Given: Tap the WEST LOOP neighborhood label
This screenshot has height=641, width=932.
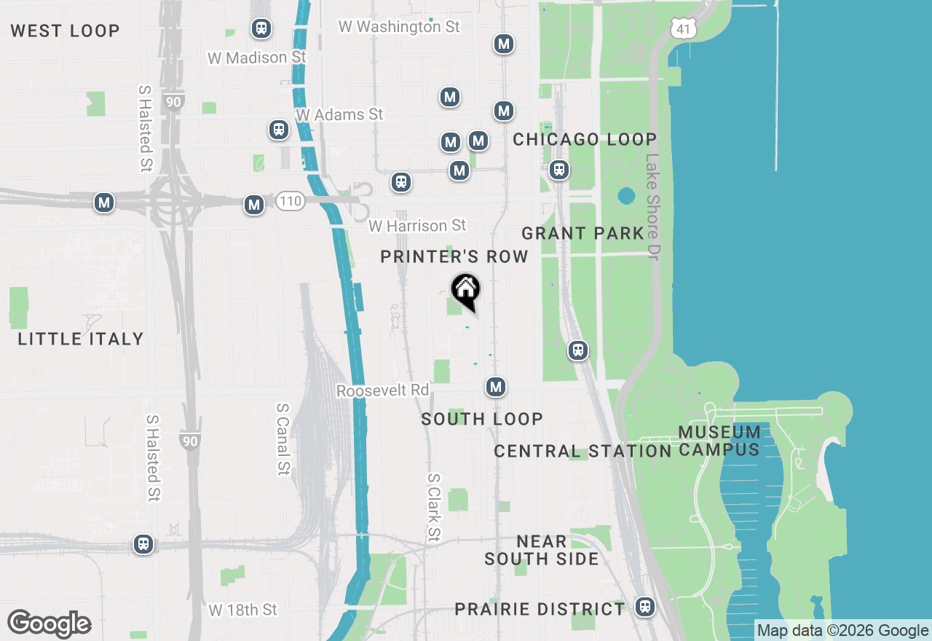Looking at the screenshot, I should coord(66,31).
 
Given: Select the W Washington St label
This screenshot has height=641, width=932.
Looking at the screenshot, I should coord(399,27).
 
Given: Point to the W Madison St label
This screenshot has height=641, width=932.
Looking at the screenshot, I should coord(257,58).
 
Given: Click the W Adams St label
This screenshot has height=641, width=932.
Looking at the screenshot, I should coord(339,114).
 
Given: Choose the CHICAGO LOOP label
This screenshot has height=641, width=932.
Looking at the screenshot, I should coord(585,139).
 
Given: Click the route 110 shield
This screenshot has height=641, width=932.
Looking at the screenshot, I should coord(290,202).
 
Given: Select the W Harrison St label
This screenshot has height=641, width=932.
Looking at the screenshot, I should coord(417,226).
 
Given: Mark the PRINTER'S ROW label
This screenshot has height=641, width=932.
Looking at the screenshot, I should coord(454,256).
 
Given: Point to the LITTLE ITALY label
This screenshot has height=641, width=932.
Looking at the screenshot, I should coord(81,339).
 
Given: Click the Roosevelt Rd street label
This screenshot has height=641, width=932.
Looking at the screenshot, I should coord(383,391).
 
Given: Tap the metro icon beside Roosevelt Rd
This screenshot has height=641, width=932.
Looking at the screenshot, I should coord(496,387).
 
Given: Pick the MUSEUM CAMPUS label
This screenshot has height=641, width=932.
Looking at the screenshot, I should coord(719,441).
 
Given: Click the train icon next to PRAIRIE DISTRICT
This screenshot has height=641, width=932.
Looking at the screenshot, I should coord(644,606).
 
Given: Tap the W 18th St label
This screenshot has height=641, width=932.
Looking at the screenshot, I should coord(243,610).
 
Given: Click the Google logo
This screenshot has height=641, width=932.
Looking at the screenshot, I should coord(49,624).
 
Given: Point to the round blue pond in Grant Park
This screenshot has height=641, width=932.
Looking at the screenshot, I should coord(625,196).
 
